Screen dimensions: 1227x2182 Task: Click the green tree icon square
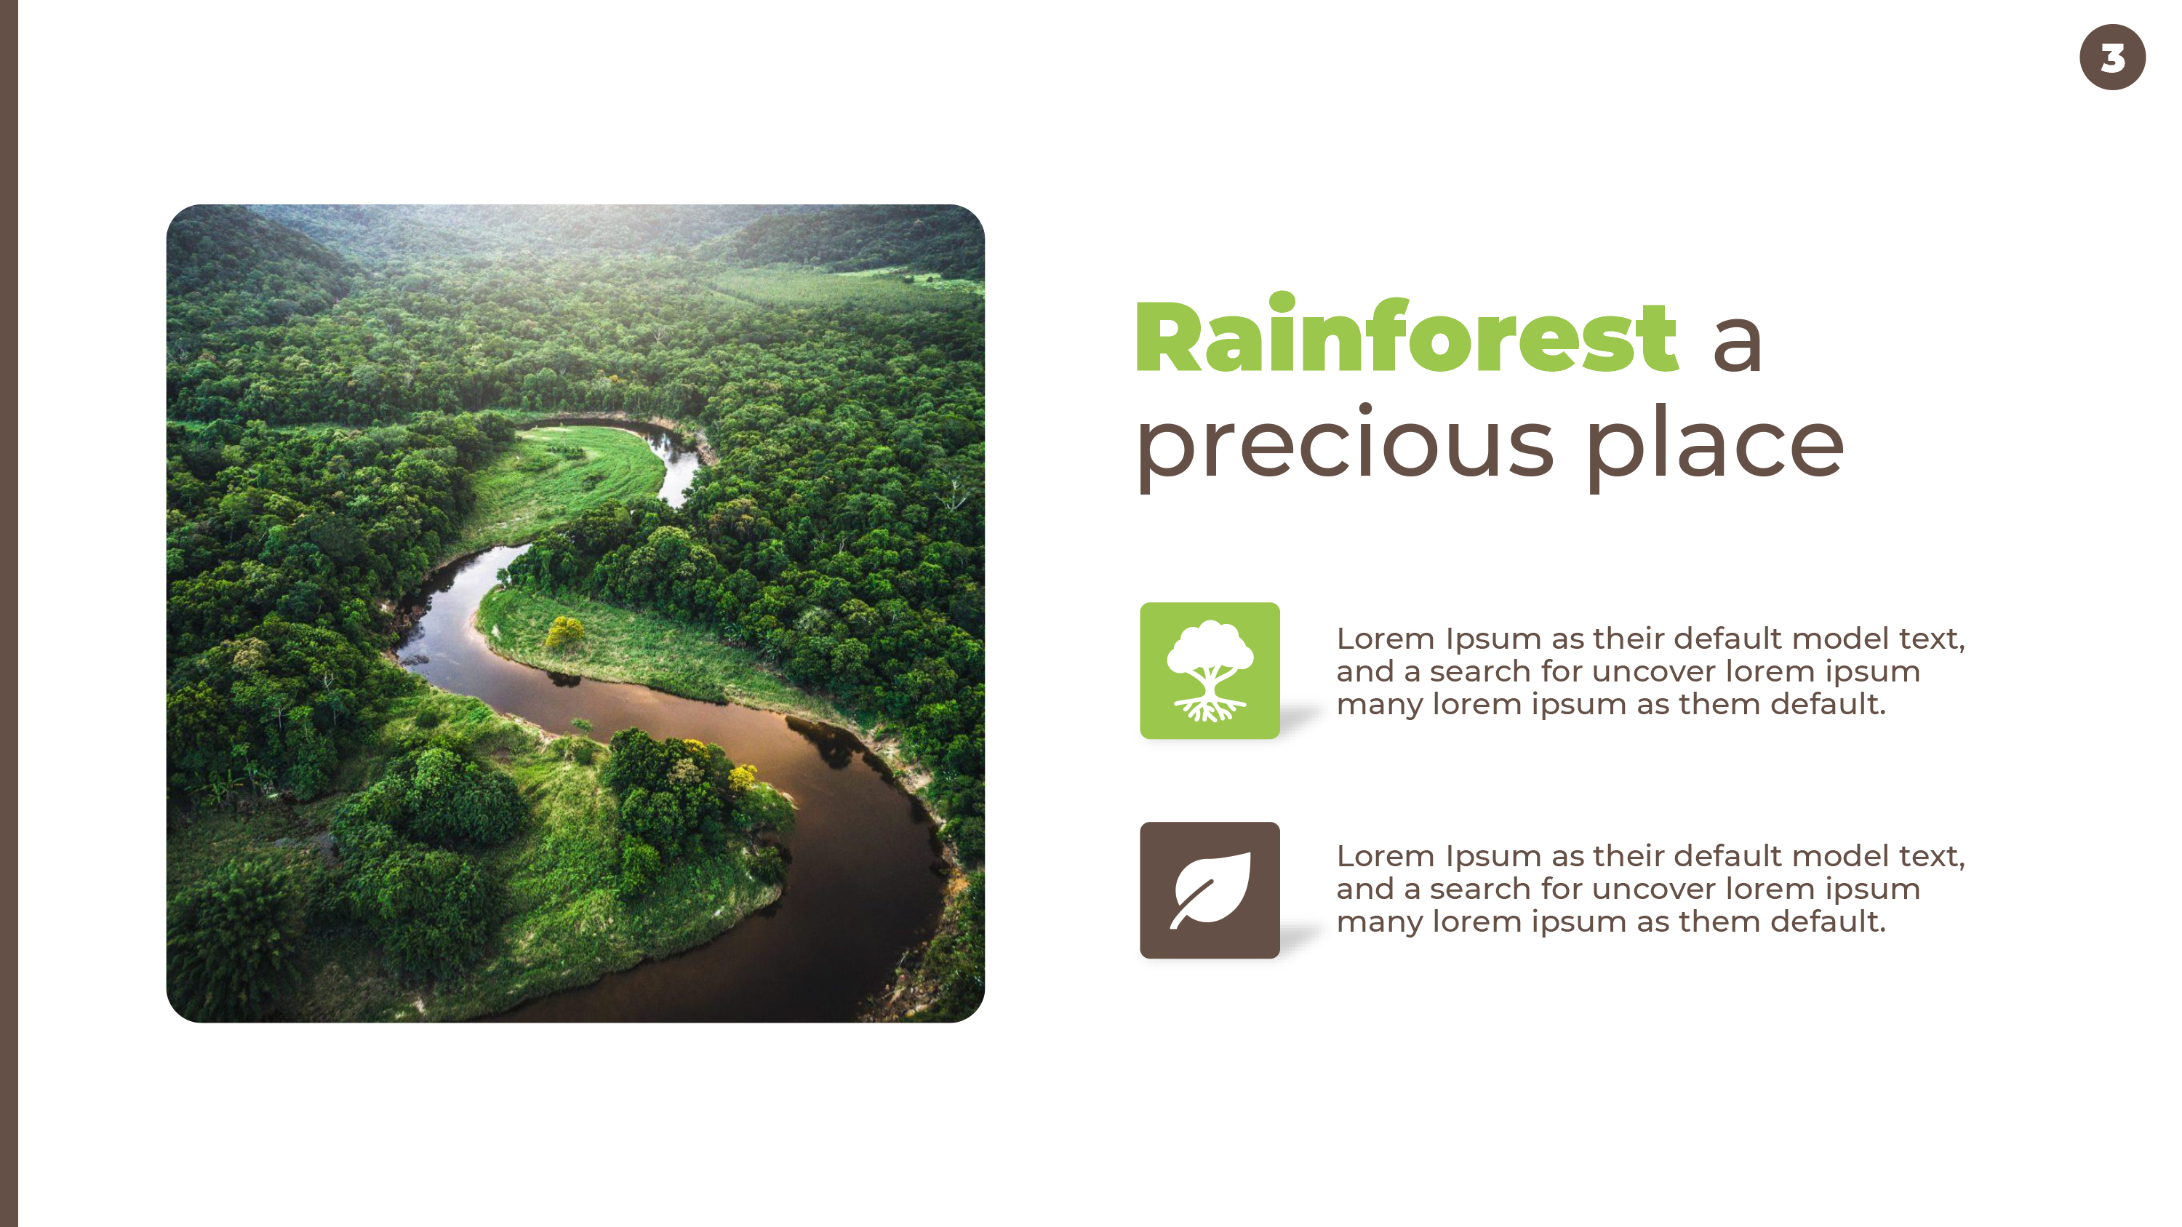[1210, 671]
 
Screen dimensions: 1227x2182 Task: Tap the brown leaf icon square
[1210, 890]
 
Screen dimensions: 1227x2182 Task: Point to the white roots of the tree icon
[1210, 707]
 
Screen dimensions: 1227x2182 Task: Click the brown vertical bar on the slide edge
[9, 613]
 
